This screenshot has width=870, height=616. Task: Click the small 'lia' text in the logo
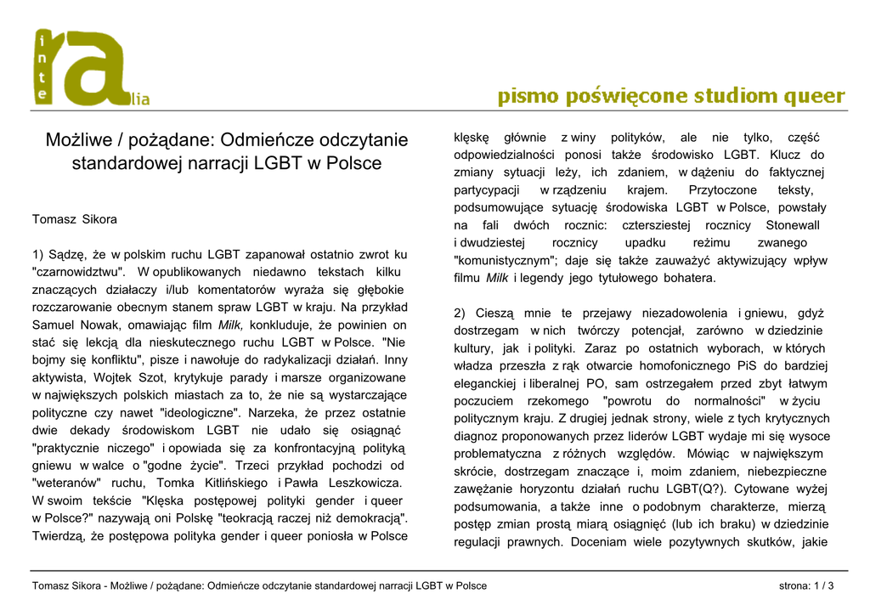pyautogui.click(x=138, y=100)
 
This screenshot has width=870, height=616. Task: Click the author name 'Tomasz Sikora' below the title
pyautogui.click(x=75, y=219)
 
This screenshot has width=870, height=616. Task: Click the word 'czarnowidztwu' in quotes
pyautogui.click(x=78, y=272)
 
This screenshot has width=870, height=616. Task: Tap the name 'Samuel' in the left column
pyautogui.click(x=53, y=325)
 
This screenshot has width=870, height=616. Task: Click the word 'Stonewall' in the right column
pyautogui.click(x=793, y=225)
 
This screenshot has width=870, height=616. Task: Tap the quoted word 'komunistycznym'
pyautogui.click(x=504, y=261)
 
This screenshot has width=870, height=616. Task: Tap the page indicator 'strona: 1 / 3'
pyautogui.click(x=806, y=586)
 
